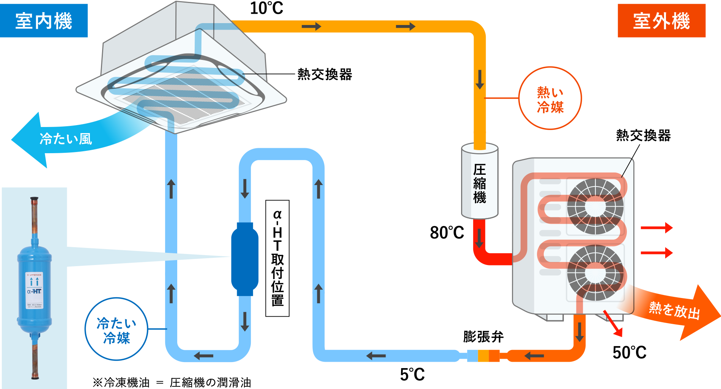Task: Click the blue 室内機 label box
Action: [44, 21]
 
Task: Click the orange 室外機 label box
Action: [661, 21]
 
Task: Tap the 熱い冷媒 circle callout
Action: [550, 98]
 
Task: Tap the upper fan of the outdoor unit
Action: [595, 206]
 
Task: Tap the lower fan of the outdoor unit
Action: [595, 273]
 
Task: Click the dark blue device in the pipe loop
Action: [245, 259]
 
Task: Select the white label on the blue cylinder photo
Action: [34, 290]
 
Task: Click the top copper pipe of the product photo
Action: [34, 216]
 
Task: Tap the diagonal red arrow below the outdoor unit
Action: [613, 323]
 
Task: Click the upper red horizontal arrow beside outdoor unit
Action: [656, 228]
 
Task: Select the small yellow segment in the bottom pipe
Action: [483, 356]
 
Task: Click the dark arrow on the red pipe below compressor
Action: [480, 238]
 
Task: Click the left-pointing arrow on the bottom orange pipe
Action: [534, 356]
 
